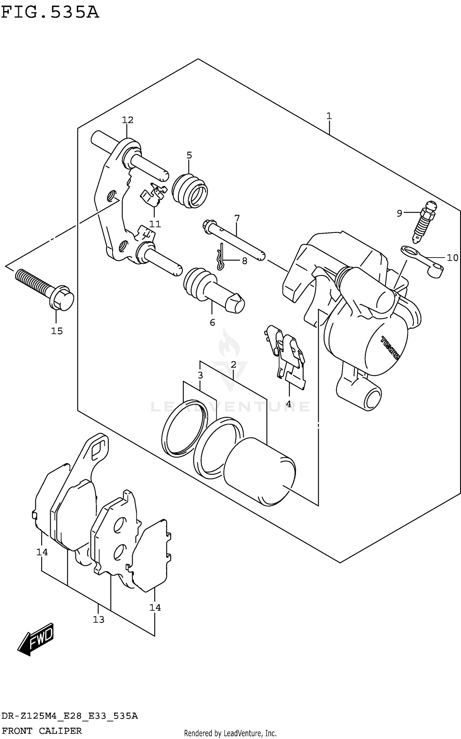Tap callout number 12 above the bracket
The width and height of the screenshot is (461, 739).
pyautogui.click(x=128, y=120)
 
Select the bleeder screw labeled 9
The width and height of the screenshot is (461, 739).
pyautogui.click(x=424, y=222)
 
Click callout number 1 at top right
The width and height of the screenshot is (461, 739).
pyautogui.click(x=329, y=116)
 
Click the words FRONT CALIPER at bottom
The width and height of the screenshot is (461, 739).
pyautogui.click(x=42, y=731)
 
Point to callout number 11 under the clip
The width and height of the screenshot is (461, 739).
pyautogui.click(x=155, y=224)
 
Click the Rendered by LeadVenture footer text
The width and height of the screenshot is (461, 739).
pyautogui.click(x=230, y=733)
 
